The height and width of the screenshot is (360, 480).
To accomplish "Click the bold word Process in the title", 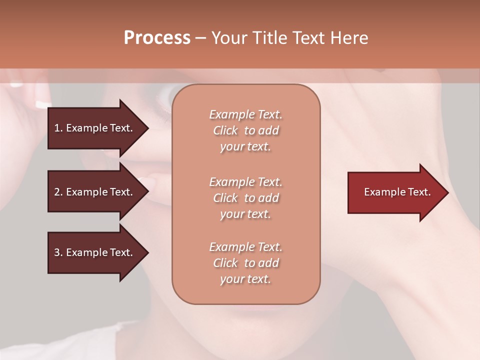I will (157, 38).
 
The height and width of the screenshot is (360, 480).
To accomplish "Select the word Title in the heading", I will (268, 38).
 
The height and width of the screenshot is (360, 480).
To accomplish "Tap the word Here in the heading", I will (348, 38).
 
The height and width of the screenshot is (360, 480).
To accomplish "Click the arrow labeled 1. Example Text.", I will (95, 128).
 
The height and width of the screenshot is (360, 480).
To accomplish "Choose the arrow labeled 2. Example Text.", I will (95, 192).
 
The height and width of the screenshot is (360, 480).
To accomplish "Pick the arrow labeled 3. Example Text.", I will (95, 252).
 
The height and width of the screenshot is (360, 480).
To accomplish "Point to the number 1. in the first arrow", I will (58, 128).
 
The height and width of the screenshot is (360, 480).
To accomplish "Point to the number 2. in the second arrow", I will (58, 192).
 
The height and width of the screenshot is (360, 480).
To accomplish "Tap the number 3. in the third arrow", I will (58, 252).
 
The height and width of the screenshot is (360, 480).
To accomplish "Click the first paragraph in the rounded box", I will (245, 130).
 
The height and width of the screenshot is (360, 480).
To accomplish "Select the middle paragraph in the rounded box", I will (245, 198).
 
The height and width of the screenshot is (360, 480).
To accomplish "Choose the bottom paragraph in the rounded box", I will (245, 263).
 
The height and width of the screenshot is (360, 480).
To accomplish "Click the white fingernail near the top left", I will (41, 104).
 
